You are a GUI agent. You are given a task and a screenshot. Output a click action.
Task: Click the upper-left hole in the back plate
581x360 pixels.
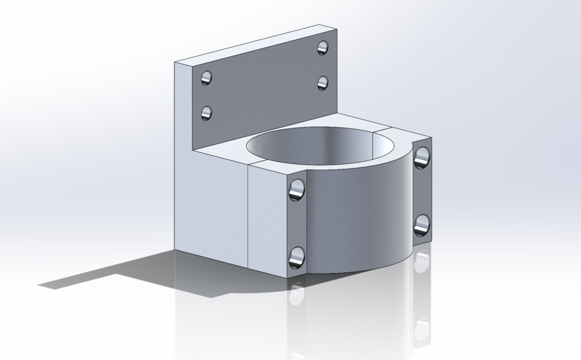tap(206, 77)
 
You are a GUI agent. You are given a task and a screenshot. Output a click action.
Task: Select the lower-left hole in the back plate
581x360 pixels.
tap(206, 113)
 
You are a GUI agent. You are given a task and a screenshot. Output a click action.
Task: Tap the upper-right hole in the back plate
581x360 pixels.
tap(323, 47)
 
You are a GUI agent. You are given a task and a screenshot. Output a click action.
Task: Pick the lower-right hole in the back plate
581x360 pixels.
tap(323, 82)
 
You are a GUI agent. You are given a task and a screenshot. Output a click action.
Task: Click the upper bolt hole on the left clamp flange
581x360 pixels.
tap(297, 189)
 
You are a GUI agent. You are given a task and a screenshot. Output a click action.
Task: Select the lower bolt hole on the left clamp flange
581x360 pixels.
tap(297, 257)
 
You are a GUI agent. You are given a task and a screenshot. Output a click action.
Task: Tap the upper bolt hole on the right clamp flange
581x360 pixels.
tap(421, 157)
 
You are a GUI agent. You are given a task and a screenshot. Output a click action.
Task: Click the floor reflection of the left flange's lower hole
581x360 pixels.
tap(296, 295)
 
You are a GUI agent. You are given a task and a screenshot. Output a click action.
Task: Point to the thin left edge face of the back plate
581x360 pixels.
tap(183, 109)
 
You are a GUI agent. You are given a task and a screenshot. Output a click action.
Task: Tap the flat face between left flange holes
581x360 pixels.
tap(297, 224)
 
